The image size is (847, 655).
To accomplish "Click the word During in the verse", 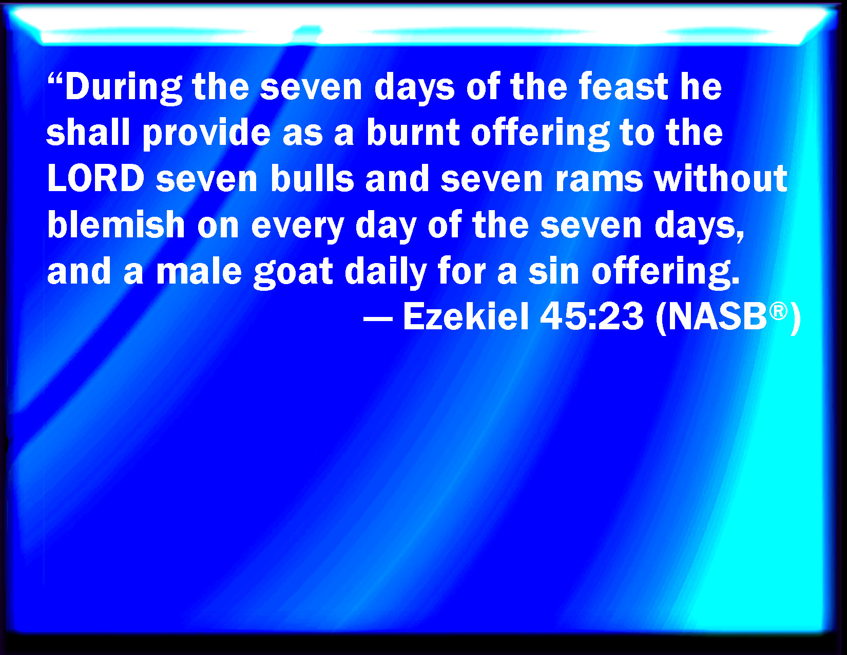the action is pos(124,88).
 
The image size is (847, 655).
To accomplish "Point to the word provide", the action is pos(206,134).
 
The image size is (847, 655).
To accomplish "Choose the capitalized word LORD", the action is pos(96,178).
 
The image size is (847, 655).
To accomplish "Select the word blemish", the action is pos(116,224).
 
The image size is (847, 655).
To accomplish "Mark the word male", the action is pos(199,270).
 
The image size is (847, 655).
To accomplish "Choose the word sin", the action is pos(554,270).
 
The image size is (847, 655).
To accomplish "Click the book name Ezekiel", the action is pos(466,316).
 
